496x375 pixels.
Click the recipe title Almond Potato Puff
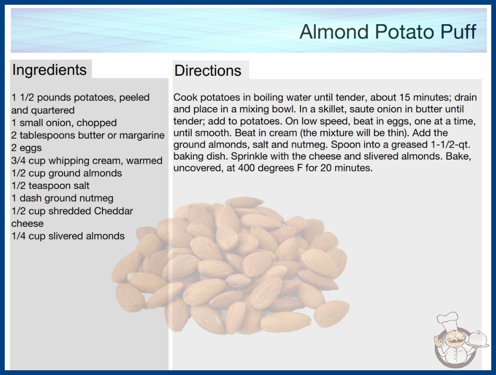[387, 32]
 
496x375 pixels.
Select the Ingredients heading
[49, 70]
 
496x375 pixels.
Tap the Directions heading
[208, 71]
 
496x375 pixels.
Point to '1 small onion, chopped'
[64, 123]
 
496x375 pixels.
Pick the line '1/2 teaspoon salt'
[50, 186]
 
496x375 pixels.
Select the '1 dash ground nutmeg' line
[62, 198]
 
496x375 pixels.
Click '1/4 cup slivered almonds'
[68, 236]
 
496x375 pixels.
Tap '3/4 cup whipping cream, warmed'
[87, 161]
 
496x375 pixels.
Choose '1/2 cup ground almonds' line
[66, 173]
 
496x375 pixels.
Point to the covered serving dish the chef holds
[478, 339]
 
